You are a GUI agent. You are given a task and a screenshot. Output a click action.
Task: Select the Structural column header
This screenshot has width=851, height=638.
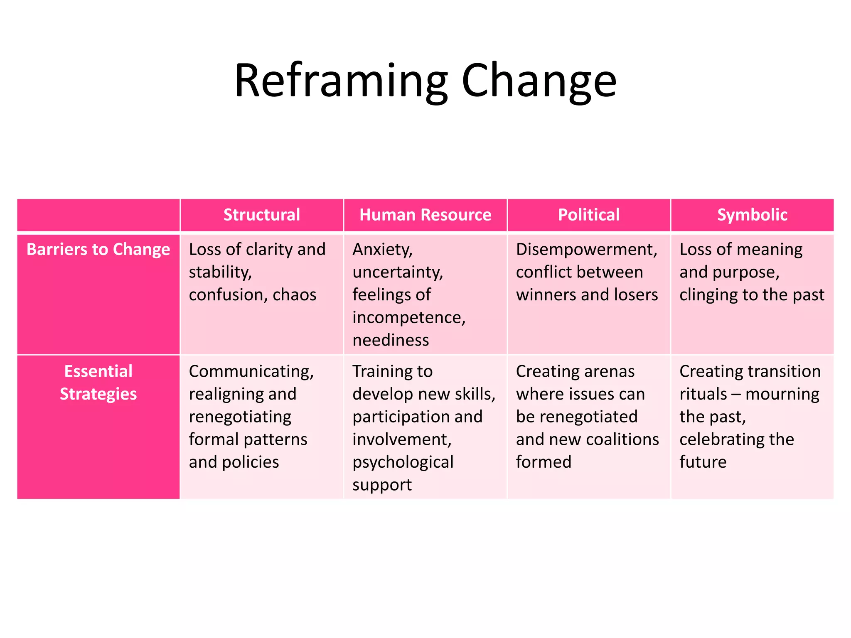coord(262,215)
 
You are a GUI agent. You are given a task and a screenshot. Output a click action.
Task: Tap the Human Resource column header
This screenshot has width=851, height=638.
coord(425,215)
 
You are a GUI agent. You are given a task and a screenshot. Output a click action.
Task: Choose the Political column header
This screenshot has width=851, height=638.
coord(588,215)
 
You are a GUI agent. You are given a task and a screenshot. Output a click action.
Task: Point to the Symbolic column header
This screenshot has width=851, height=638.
coord(752,215)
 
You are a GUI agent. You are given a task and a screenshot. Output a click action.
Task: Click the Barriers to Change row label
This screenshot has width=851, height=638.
coord(98,249)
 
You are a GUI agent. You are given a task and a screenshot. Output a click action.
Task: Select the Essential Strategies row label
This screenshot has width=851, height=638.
coord(98,382)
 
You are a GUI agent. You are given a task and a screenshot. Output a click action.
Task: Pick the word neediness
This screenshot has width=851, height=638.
coord(391,340)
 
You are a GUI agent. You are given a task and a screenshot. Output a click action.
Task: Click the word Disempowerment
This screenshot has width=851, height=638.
coord(586,250)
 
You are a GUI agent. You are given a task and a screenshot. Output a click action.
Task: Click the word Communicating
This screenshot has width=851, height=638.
coord(251,371)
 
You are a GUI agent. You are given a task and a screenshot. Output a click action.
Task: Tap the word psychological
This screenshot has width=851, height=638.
coord(403,462)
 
